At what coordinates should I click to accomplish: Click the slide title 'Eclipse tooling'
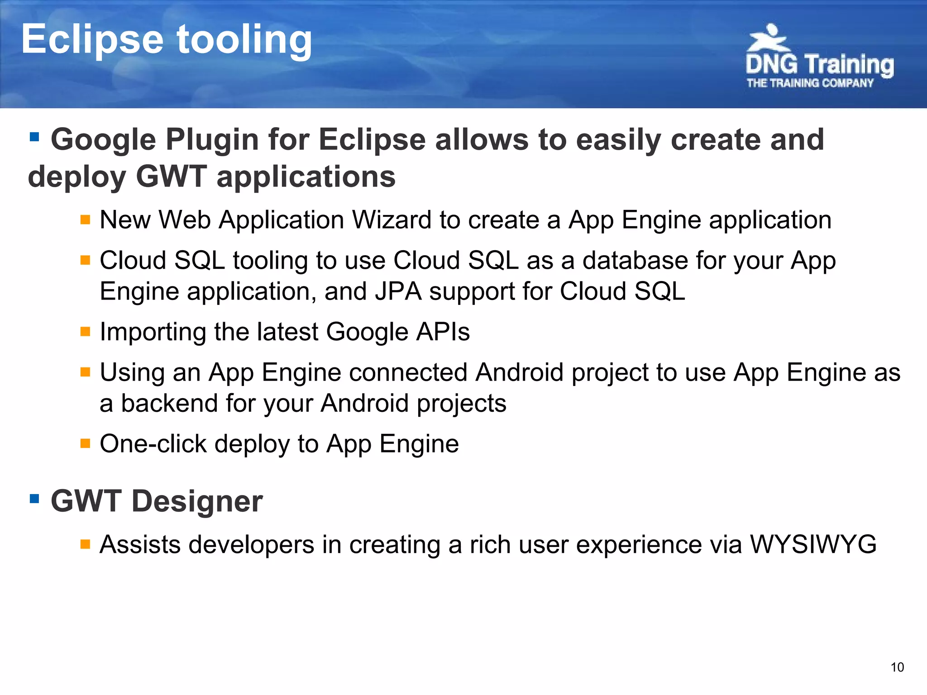pos(167,40)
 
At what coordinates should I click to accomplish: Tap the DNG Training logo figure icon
pos(768,38)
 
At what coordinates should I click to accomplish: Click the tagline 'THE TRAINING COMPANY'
pos(810,83)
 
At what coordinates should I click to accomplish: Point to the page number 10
pos(897,667)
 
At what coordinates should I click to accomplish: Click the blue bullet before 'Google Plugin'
pos(34,136)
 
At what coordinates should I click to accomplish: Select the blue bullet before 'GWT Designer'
pos(34,499)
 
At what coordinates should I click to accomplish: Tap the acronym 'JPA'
pos(398,291)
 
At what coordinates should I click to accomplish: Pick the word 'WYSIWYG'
pos(813,544)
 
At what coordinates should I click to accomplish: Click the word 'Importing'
pos(153,332)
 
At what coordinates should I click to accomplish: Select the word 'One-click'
pos(153,443)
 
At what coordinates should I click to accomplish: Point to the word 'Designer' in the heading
pos(197,501)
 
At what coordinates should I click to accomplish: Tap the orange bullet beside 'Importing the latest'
pos(85,332)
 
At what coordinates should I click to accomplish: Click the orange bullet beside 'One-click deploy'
pos(85,443)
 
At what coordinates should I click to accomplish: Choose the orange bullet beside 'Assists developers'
pos(85,543)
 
